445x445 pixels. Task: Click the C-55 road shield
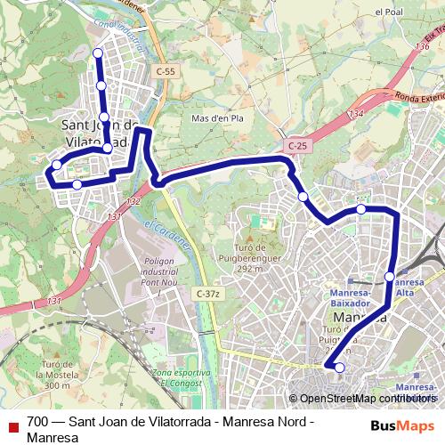pyautogui.click(x=165, y=70)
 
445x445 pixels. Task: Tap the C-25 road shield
pyautogui.click(x=297, y=145)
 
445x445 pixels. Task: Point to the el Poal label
pyautogui.click(x=389, y=12)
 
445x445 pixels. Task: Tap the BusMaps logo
pyautogui.click(x=402, y=425)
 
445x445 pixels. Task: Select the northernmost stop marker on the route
pyautogui.click(x=98, y=53)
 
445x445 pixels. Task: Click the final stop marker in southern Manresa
pyautogui.click(x=339, y=367)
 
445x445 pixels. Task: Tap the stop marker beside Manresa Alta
pyautogui.click(x=391, y=277)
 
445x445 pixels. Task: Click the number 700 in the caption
pyautogui.click(x=38, y=421)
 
